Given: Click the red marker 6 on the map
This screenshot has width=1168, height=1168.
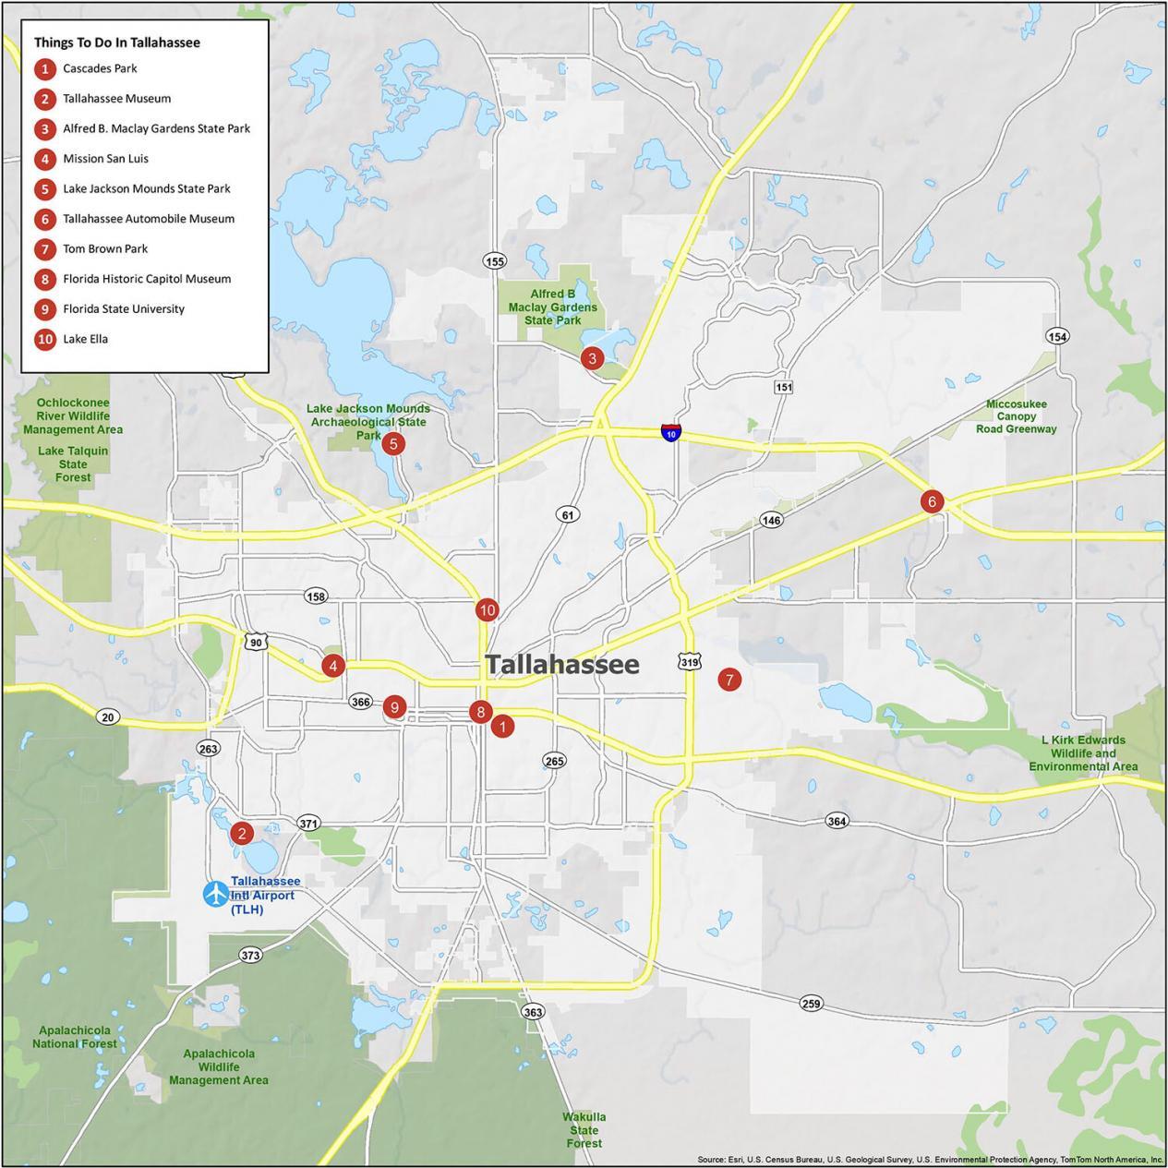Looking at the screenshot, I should (x=932, y=501).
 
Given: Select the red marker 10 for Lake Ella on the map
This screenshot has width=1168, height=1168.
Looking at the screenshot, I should (x=488, y=609).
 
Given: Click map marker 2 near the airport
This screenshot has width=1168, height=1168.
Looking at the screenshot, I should (x=241, y=833).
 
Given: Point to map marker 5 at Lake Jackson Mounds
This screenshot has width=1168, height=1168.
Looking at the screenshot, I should (x=393, y=444).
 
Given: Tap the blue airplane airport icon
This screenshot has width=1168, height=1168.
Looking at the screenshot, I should (x=215, y=894).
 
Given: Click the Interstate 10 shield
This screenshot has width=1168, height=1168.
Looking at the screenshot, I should (x=671, y=432).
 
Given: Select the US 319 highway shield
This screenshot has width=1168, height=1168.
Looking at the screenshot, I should (x=689, y=661).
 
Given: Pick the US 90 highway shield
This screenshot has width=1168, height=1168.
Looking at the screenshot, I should (x=256, y=641).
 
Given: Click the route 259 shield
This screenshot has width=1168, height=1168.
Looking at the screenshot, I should (x=811, y=1004).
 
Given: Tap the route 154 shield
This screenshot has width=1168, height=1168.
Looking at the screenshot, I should (x=1058, y=336).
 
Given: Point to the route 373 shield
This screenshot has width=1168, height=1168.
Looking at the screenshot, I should (x=250, y=955).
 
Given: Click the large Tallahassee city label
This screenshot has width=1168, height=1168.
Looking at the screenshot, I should (x=562, y=664).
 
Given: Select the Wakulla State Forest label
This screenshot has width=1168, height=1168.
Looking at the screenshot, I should (x=584, y=1130).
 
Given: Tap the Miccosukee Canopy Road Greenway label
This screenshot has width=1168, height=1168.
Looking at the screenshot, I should (x=1016, y=416).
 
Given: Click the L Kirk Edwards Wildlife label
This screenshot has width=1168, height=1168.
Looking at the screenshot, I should (x=1083, y=753).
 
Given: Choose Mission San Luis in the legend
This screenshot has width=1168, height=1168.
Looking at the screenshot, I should (x=105, y=159).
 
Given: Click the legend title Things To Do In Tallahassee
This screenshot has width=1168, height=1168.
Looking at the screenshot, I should (x=117, y=42).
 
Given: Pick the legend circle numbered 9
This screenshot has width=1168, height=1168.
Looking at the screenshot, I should (x=44, y=309).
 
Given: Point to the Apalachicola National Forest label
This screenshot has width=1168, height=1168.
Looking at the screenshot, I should (x=75, y=1037).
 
